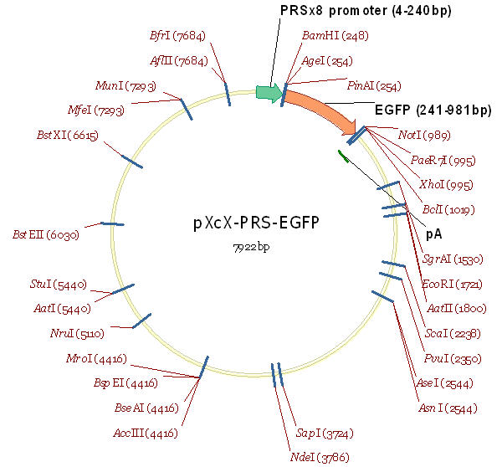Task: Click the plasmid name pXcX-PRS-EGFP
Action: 257,223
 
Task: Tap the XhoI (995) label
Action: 443,184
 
